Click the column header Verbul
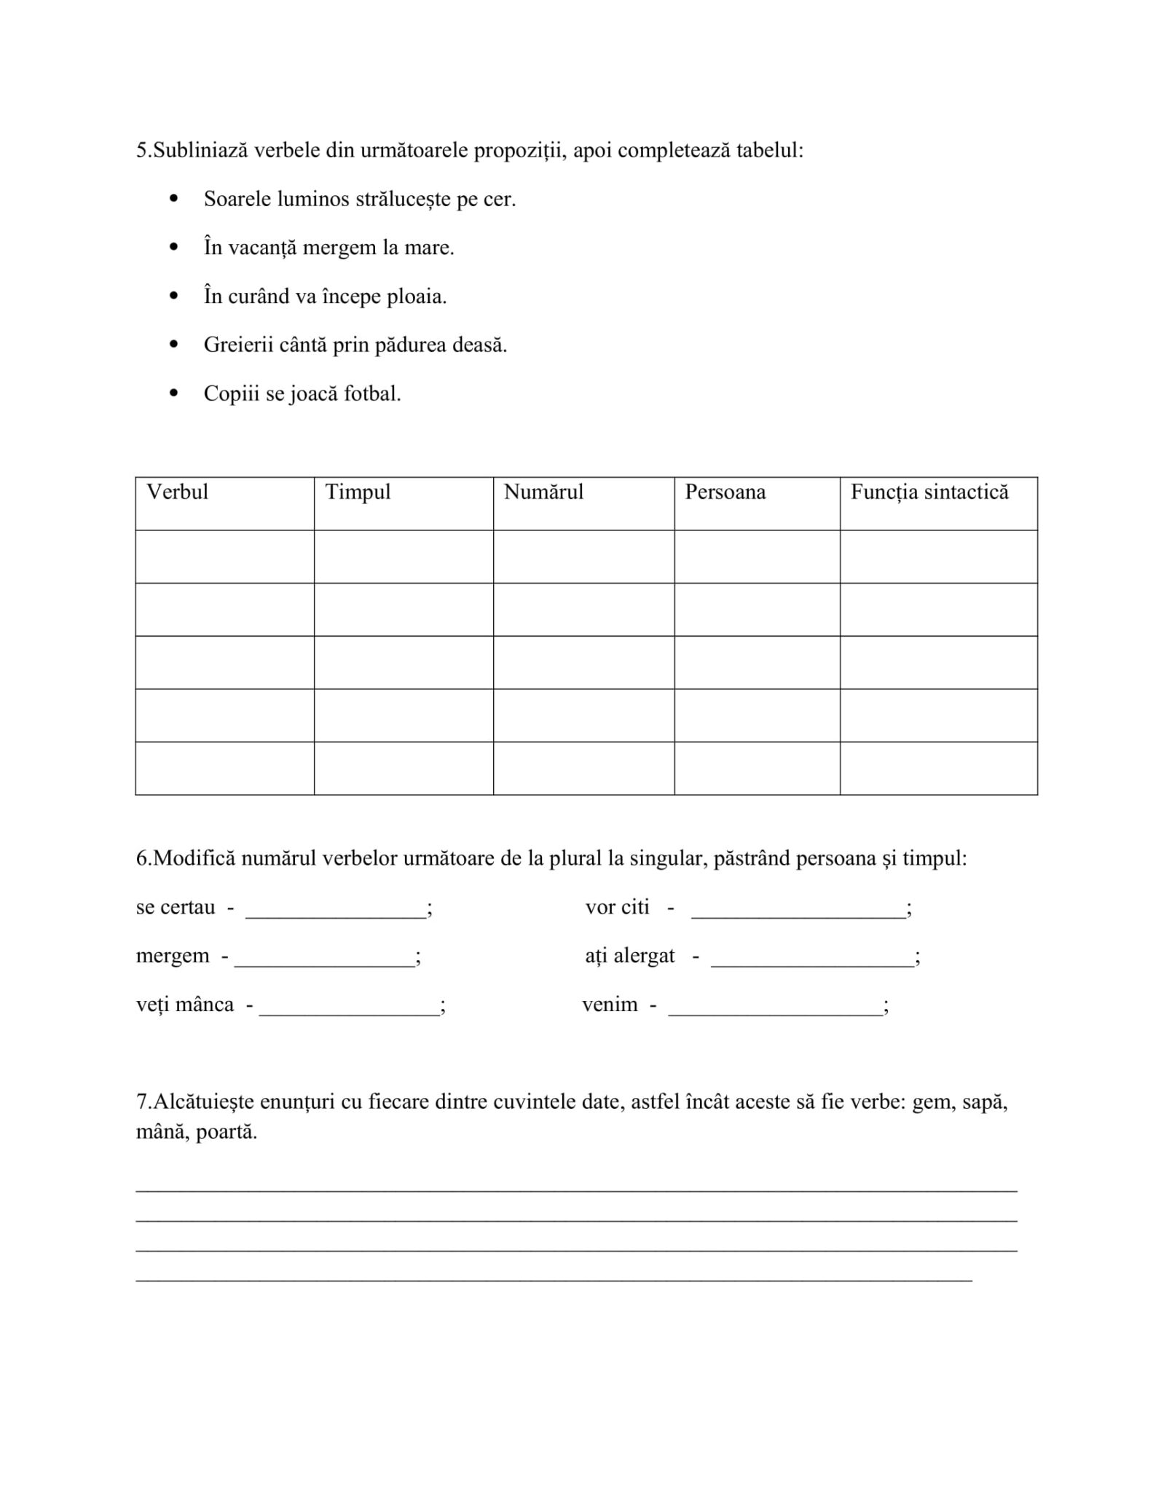click(177, 492)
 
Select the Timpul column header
click(358, 492)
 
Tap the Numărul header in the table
click(543, 492)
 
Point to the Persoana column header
click(725, 492)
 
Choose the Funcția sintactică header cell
click(929, 492)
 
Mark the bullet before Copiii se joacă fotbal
click(173, 393)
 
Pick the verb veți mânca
click(185, 1005)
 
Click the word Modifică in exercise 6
click(194, 858)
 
